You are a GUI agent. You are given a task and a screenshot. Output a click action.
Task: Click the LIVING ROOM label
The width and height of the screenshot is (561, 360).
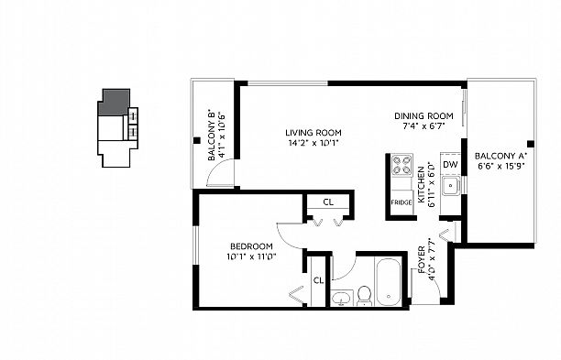coord(312,131)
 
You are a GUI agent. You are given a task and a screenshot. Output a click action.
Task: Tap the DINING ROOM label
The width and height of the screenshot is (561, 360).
coord(424,115)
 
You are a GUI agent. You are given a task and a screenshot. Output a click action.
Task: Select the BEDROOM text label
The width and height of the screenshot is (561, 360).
coord(252,246)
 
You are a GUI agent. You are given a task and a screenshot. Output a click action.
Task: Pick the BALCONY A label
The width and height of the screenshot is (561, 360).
coord(500,156)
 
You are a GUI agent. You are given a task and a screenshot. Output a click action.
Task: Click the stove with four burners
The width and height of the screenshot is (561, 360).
coord(401,166)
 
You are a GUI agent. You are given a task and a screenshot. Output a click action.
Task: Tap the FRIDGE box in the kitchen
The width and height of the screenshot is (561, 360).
coord(401,202)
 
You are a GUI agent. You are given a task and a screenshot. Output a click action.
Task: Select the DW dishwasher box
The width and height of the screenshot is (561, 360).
coord(450,165)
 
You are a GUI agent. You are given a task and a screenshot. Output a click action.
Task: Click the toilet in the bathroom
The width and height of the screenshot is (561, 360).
coord(363,294)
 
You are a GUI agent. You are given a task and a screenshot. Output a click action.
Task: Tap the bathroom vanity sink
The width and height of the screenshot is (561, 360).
coord(341,298)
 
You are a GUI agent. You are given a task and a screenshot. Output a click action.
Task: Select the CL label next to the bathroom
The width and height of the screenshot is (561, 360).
coord(318,280)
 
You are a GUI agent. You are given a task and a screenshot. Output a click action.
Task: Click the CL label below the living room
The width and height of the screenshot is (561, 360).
coord(327,202)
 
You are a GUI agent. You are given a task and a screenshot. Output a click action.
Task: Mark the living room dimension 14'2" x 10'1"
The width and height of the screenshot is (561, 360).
coord(312,143)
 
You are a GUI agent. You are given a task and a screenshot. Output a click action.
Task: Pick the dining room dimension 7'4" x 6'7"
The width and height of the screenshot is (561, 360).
coord(424,127)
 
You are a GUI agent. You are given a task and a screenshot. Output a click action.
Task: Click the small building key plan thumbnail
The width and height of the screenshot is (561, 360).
coord(116,127)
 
